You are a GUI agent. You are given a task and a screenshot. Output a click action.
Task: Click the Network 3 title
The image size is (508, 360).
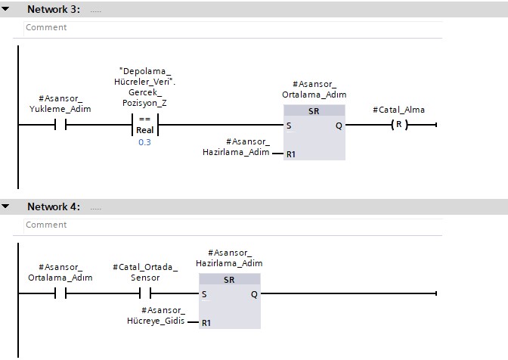[x=54, y=10]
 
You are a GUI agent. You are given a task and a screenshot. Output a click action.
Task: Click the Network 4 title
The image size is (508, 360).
[x=54, y=206]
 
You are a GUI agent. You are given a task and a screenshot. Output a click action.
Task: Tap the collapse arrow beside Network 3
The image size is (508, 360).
[x=6, y=10]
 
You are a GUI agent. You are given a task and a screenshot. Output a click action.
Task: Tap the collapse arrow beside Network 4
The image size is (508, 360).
[x=6, y=206]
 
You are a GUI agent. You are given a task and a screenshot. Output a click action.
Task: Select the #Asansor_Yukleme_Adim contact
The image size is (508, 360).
[x=60, y=125]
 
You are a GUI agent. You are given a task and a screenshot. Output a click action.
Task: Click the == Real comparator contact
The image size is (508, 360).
[x=144, y=125]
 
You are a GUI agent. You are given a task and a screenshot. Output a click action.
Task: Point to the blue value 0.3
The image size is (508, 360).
[x=144, y=142]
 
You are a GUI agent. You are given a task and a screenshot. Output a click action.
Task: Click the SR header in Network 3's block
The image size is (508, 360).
[x=314, y=110]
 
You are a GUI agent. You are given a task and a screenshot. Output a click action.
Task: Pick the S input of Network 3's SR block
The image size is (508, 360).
[x=289, y=126]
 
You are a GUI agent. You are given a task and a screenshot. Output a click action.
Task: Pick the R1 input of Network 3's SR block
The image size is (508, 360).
[x=291, y=154]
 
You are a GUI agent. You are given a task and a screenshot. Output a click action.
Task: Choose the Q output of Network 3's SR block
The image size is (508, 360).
[x=339, y=126]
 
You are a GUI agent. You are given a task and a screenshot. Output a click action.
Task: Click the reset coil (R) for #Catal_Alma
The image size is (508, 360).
[x=398, y=125]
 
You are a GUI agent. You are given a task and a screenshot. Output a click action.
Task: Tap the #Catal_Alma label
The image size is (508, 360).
[x=398, y=110]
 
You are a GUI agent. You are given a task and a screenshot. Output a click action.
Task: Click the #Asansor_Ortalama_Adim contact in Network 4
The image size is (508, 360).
[x=60, y=293]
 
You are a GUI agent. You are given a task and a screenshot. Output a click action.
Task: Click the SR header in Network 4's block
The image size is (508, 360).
[x=229, y=279]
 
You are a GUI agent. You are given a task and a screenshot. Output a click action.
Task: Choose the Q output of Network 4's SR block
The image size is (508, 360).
[x=254, y=294]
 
